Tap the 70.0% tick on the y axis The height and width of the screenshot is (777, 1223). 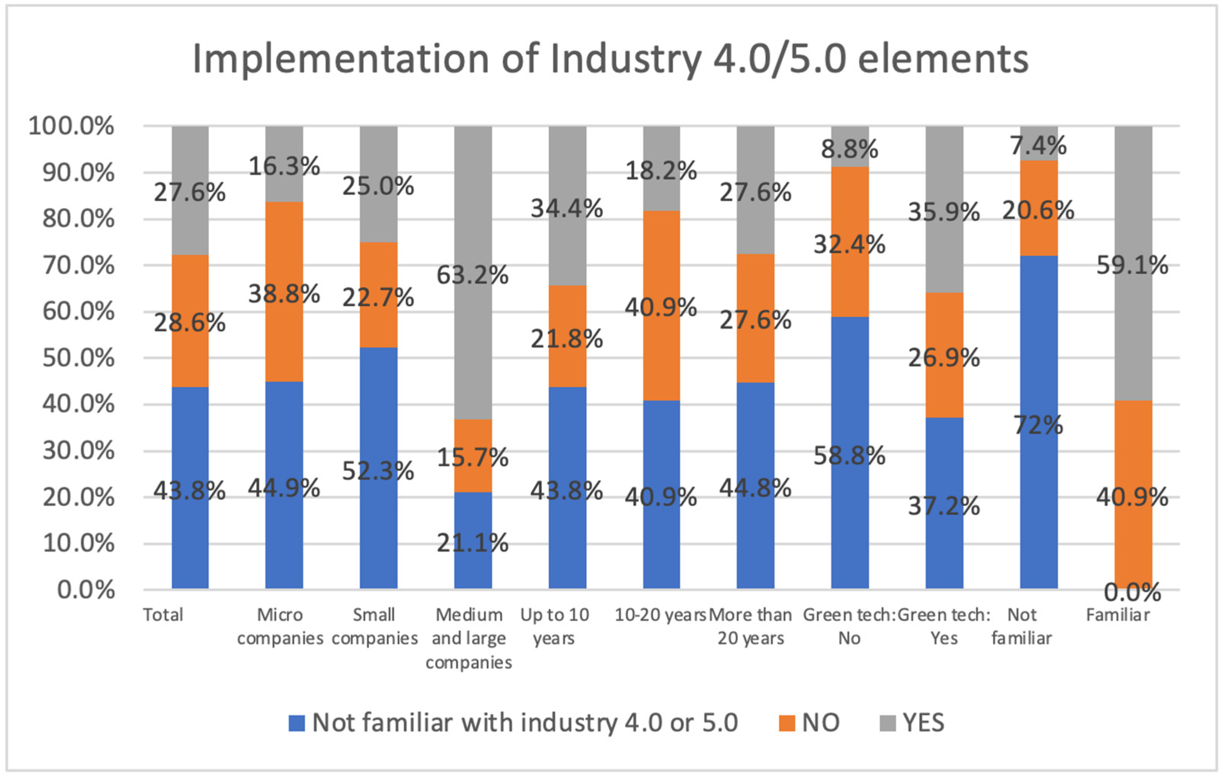pos(79,265)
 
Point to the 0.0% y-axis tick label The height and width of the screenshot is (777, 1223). pos(86,590)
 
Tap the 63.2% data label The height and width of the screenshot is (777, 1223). pos(472,275)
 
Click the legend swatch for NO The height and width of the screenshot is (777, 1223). pos(787,723)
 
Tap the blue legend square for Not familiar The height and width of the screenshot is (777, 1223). pos(297,723)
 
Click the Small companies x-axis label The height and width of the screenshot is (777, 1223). pos(374,626)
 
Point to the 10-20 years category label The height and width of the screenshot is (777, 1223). pos(660,615)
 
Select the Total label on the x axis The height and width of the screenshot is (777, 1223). pos(163,615)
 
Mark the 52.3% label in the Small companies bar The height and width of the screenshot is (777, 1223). pos(378,471)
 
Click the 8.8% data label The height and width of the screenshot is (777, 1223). pos(850,149)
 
